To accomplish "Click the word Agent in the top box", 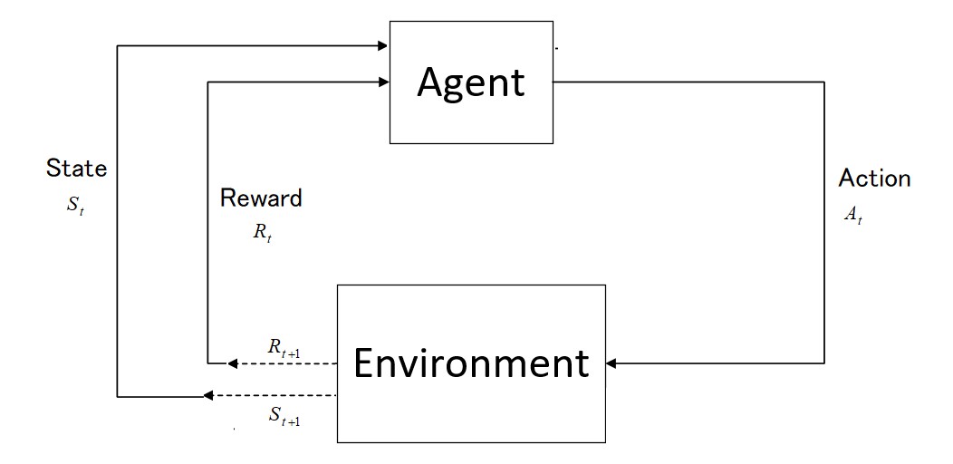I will pyautogui.click(x=470, y=82).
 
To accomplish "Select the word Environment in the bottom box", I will pyautogui.click(x=471, y=363).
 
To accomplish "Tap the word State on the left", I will pyautogui.click(x=76, y=168).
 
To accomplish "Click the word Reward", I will pyautogui.click(x=261, y=198).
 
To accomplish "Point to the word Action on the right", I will pyautogui.click(x=874, y=178).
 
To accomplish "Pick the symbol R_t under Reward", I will pyautogui.click(x=263, y=232).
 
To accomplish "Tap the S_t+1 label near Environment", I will pyautogui.click(x=284, y=417).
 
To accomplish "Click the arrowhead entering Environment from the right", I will pyautogui.click(x=611, y=363).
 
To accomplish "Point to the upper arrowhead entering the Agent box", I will pyautogui.click(x=383, y=45).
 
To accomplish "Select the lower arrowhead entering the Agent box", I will pyautogui.click(x=383, y=82).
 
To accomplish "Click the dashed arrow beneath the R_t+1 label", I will pyautogui.click(x=281, y=363).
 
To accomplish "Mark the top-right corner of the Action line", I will pyautogui.click(x=824, y=82).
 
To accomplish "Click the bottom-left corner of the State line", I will pyautogui.click(x=118, y=396).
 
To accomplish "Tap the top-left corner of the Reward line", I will pyautogui.click(x=208, y=82).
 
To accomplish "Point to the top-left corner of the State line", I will pyautogui.click(x=118, y=45).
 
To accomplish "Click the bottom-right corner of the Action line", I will pyautogui.click(x=824, y=363).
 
